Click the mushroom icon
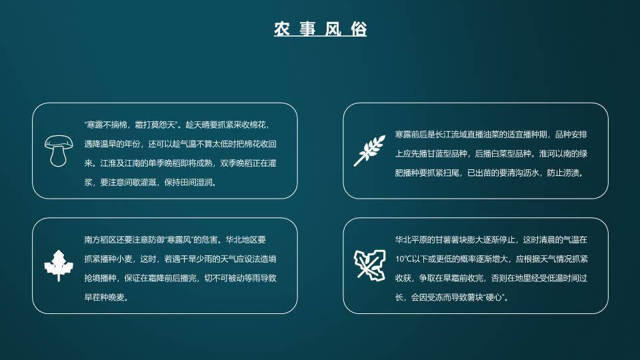(x=58, y=150)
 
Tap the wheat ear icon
(x=369, y=150)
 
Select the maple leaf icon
(x=58, y=265)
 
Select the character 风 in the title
(x=333, y=29)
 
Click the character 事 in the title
(x=307, y=29)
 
